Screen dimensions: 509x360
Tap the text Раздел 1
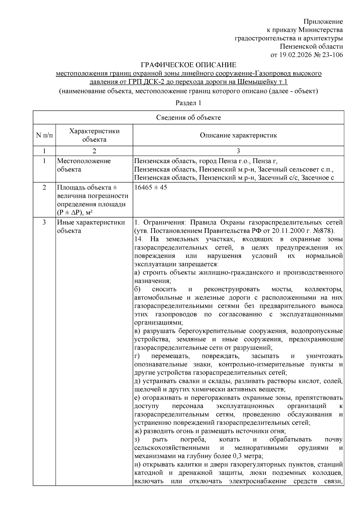point(188,103)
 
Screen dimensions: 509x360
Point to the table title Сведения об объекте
point(188,118)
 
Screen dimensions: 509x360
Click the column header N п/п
point(44,135)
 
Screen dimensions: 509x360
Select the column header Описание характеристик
point(238,135)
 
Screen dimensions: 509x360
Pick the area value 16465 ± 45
point(151,188)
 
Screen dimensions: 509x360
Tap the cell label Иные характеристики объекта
point(91,227)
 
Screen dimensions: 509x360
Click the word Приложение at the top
point(323,22)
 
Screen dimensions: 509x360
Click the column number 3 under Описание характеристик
point(238,151)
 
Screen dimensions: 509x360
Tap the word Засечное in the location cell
point(315,178)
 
